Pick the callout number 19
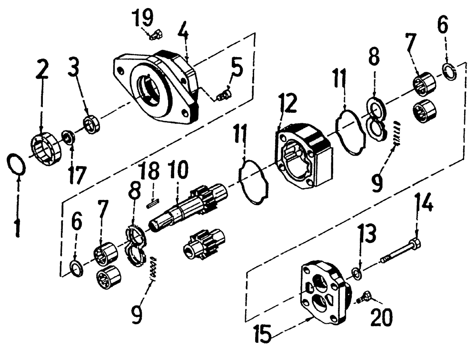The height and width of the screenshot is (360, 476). click(143, 18)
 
